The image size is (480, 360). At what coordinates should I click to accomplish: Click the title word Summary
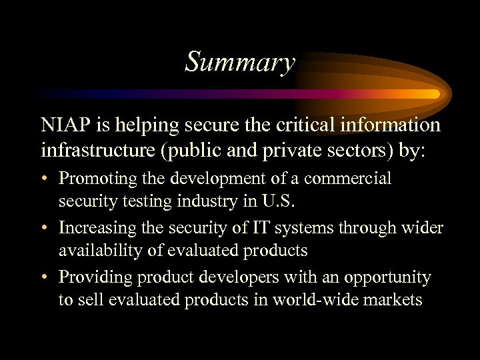(240, 63)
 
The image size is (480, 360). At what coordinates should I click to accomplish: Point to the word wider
(423, 229)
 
